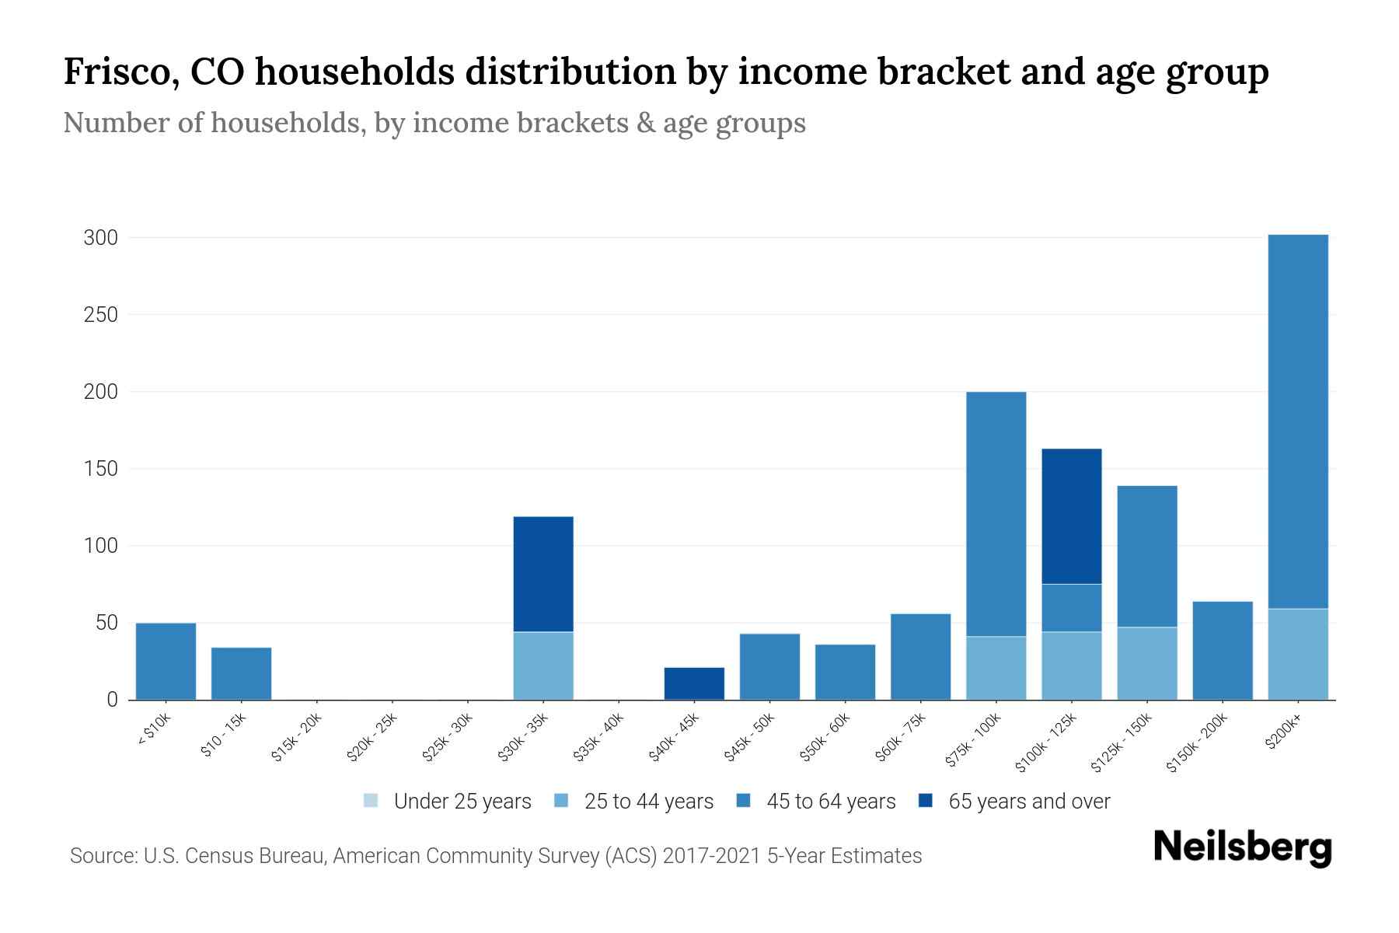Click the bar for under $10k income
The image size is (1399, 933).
point(166,661)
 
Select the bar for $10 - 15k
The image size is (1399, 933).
point(241,673)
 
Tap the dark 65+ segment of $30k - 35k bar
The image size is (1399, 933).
point(543,574)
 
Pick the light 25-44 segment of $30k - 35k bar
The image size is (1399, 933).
point(543,666)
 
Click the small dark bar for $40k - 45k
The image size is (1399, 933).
point(694,683)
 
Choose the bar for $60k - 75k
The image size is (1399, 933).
point(920,657)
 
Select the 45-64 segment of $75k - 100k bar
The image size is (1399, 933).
point(996,513)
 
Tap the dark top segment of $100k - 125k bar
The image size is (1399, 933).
point(1071,516)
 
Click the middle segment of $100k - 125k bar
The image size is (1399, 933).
point(1071,608)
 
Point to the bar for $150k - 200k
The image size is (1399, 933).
point(1223,651)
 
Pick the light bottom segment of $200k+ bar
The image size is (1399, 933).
point(1298,654)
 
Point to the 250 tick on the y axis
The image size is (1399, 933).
point(100,315)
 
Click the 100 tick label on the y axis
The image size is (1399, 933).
point(100,546)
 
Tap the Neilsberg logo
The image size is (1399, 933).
point(1242,847)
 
